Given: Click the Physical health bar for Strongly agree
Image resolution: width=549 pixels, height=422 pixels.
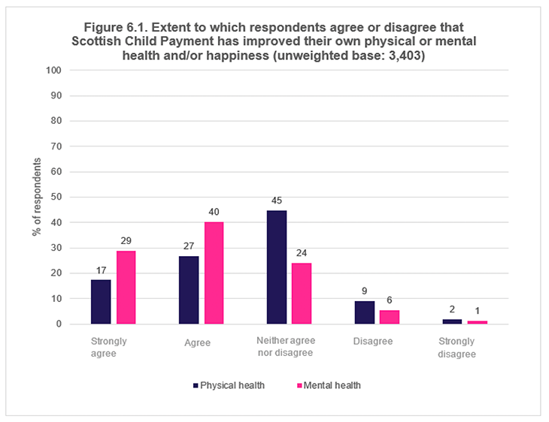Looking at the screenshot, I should [x=101, y=302].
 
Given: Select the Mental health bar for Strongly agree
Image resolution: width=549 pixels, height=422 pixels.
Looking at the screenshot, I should [x=126, y=287].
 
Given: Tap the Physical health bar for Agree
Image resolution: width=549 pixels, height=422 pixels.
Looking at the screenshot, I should [x=189, y=290].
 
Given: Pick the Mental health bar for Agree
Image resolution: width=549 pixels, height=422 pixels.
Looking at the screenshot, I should [x=214, y=273].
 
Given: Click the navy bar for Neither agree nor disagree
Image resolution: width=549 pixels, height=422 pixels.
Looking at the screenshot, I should [x=277, y=267].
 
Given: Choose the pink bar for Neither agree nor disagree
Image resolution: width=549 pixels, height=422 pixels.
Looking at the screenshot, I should [x=302, y=294].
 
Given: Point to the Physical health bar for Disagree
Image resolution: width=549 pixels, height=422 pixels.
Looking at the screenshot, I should [x=364, y=312].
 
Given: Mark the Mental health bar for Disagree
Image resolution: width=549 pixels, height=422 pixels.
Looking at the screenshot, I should [x=390, y=317].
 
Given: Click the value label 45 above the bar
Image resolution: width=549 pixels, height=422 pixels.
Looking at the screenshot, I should [x=277, y=200].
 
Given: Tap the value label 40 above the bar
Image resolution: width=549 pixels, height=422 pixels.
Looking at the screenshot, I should [x=214, y=213].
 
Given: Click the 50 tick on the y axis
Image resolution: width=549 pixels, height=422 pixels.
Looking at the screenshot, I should [x=56, y=197].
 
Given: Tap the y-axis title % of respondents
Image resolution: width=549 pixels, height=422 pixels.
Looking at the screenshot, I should [x=35, y=197].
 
